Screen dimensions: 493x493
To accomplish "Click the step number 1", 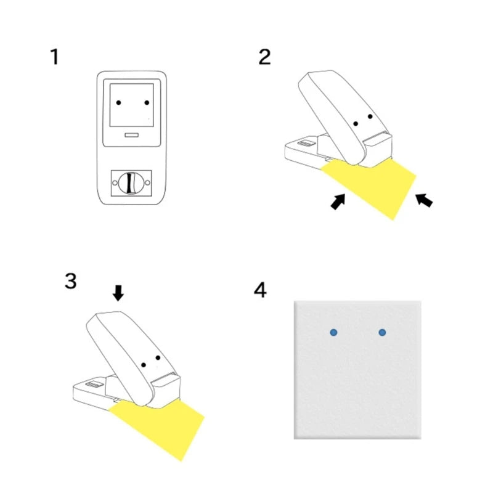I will (55, 57).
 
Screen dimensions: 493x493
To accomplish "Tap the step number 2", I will (264, 57).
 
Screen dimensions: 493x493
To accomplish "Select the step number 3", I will (70, 281).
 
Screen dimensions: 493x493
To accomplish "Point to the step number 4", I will (260, 289).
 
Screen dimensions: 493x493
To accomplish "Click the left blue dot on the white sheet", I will (333, 332).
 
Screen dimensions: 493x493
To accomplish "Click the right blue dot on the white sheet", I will (382, 332).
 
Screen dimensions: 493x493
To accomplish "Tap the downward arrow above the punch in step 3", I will (118, 293).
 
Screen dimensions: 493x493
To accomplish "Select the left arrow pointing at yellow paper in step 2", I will (338, 202).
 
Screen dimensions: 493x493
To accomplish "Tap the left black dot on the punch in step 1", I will (119, 102).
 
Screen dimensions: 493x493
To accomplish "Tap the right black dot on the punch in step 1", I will (147, 102).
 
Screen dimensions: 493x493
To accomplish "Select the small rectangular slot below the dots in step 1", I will (132, 134).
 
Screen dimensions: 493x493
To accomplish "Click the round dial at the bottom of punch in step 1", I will (130, 182).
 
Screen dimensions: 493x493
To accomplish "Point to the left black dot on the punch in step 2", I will (356, 124).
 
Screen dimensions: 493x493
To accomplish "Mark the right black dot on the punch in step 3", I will (158, 358).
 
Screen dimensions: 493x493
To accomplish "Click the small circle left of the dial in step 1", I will (115, 182).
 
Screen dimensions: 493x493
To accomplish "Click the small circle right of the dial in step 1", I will (147, 182).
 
